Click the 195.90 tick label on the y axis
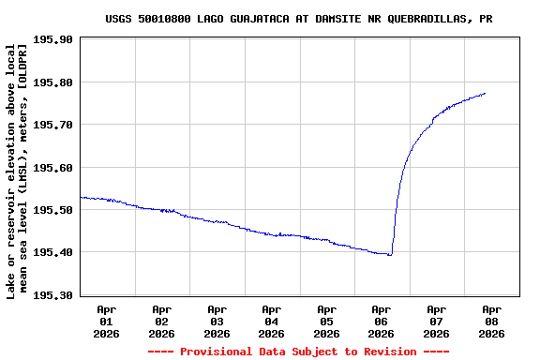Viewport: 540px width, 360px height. point(52,40)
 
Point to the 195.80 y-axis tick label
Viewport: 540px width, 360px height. point(52,82)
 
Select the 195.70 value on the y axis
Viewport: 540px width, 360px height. point(52,125)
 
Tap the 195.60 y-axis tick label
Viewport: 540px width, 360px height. point(52,168)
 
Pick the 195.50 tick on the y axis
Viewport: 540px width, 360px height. point(52,210)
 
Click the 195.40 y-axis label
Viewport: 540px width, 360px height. point(52,252)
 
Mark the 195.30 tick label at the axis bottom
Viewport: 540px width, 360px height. point(52,295)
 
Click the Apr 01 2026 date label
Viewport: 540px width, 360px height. point(107,321)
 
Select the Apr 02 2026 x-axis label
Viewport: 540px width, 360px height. point(161,321)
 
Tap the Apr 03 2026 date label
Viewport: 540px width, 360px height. point(217,321)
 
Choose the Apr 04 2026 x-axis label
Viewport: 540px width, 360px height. point(271,321)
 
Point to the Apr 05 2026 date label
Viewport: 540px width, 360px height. point(326,321)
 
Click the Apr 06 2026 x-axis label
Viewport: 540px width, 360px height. point(381,321)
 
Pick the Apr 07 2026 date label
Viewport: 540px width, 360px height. point(436,321)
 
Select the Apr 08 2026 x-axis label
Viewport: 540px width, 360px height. point(491,321)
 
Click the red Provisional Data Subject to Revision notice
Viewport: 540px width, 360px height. point(297,352)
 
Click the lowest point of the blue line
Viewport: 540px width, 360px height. point(390,255)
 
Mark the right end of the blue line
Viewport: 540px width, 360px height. point(485,93)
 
